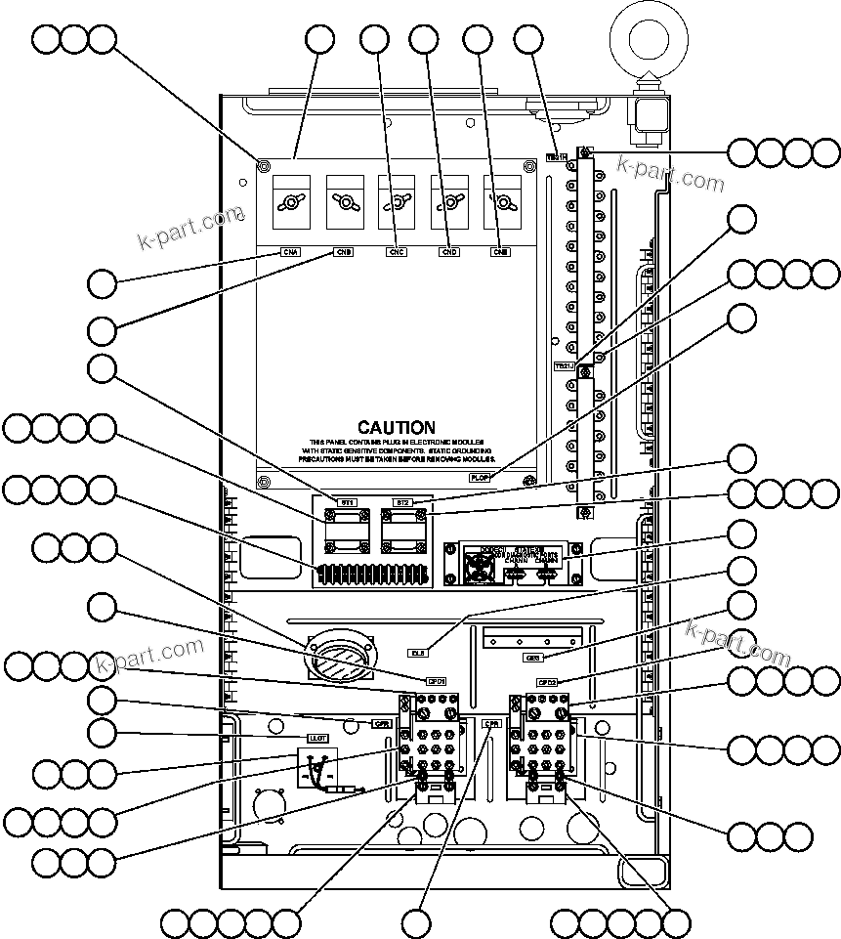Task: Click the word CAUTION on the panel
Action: pyautogui.click(x=396, y=428)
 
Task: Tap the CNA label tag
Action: pyautogui.click(x=291, y=252)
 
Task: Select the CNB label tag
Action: pyautogui.click(x=344, y=252)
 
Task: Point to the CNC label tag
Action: pyautogui.click(x=397, y=252)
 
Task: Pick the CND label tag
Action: pyautogui.click(x=449, y=252)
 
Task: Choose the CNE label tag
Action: pyautogui.click(x=501, y=252)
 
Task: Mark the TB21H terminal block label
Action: pyautogui.click(x=556, y=156)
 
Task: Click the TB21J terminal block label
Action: pyautogui.click(x=565, y=366)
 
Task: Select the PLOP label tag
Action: pyautogui.click(x=480, y=478)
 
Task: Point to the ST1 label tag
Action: pyautogui.click(x=347, y=502)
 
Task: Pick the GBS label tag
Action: pyautogui.click(x=532, y=658)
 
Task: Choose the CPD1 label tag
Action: pyautogui.click(x=436, y=681)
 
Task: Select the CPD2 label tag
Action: pyautogui.click(x=547, y=682)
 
